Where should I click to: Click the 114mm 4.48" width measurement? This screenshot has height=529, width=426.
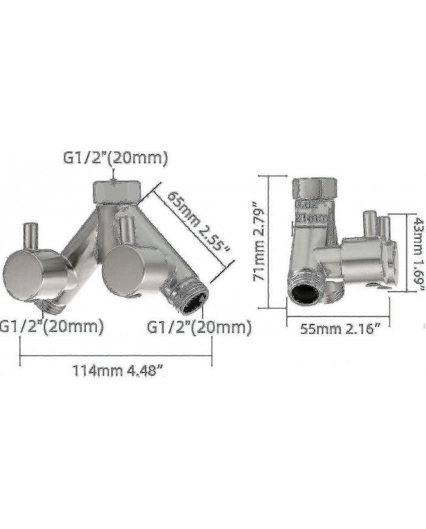118,371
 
